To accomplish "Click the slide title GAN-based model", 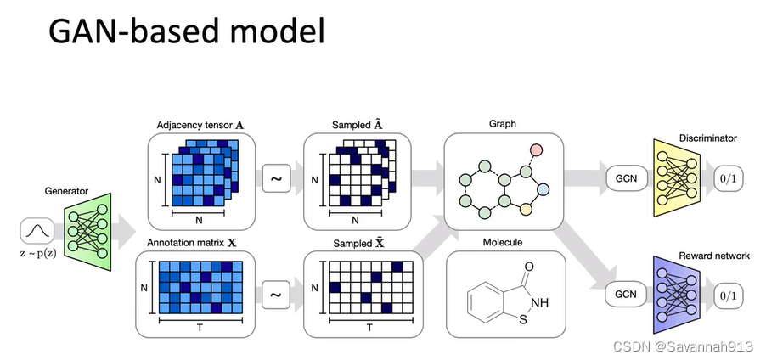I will [186, 32].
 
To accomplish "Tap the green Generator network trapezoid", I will [86, 229].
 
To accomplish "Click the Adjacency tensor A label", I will [200, 124].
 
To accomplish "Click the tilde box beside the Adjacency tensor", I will [275, 179].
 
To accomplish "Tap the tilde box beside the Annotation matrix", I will [275, 295].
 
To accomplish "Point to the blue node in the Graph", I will [544, 188].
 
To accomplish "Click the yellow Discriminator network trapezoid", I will [675, 178].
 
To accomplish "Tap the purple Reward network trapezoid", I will [675, 295].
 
